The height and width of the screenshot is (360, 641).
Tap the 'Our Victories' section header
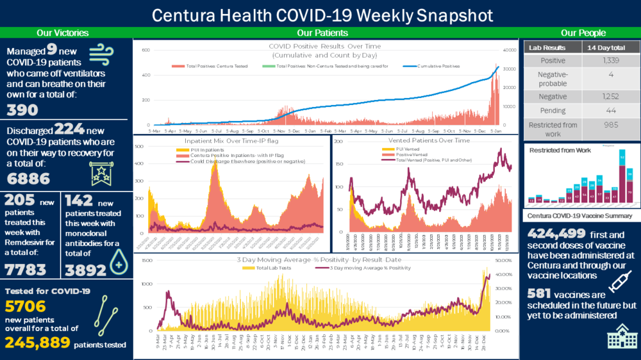63,33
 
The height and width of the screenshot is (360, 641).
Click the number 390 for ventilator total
22,110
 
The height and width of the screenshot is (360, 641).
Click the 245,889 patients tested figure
38,343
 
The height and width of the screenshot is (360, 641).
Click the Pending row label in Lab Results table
553,111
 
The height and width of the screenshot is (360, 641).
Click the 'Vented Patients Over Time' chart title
429,140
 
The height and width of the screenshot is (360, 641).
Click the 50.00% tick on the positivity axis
503,261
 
